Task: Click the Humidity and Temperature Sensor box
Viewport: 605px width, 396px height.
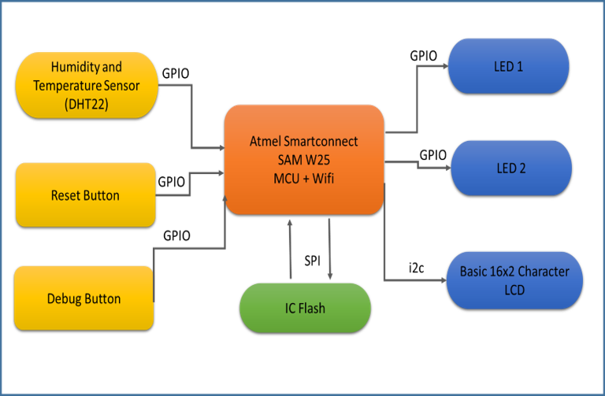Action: pos(87,85)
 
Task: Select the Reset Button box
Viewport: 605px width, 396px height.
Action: pos(85,194)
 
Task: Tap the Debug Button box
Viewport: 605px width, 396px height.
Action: pos(84,298)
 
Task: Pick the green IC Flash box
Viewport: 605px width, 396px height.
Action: pos(305,307)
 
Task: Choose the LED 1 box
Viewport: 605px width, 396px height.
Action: pos(508,66)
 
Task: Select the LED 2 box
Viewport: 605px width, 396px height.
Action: pos(510,168)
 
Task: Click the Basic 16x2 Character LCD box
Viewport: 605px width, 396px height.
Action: pos(514,280)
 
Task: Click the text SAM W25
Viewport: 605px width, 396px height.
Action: pos(304,158)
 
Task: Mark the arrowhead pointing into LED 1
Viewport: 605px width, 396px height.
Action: pos(444,66)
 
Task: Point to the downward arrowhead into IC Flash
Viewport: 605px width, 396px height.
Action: pos(330,276)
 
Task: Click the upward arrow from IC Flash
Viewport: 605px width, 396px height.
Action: pos(291,244)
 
